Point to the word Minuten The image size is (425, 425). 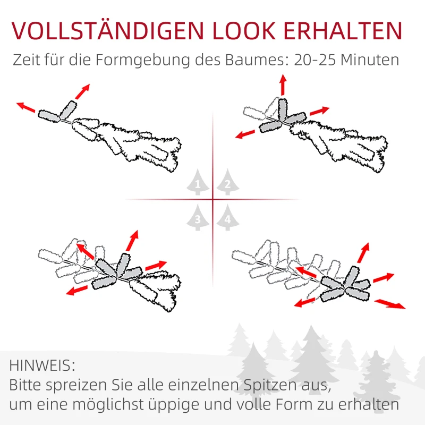click(x=372, y=59)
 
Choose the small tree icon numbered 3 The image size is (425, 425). click(x=198, y=218)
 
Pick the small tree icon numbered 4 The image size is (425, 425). click(x=227, y=218)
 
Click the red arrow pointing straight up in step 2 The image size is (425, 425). click(x=283, y=85)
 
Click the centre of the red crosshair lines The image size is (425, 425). click(x=212, y=200)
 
